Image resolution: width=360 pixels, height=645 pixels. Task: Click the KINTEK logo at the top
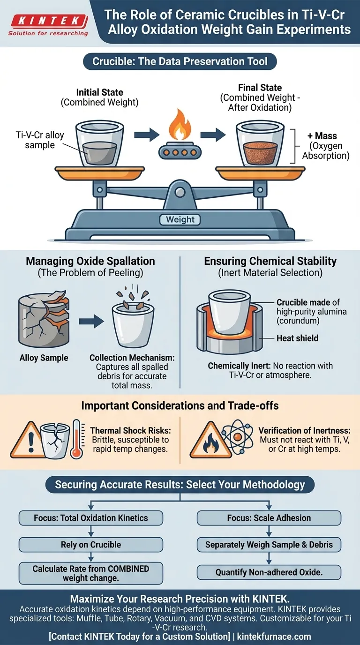pyautogui.click(x=48, y=25)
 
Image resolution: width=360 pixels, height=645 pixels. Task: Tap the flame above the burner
pyautogui.click(x=180, y=125)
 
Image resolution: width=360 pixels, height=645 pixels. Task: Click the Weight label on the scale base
pyautogui.click(x=180, y=219)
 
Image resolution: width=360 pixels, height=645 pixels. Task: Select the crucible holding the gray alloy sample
pyautogui.click(x=100, y=143)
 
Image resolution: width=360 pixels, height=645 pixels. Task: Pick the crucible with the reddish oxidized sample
pyautogui.click(x=260, y=143)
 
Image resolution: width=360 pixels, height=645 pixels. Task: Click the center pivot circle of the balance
pyautogui.click(x=180, y=192)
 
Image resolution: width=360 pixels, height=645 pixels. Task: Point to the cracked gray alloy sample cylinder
pyautogui.click(x=44, y=319)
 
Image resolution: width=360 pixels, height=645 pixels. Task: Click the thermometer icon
pyautogui.click(x=77, y=439)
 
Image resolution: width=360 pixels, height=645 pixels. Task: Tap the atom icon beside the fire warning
pyautogui.click(x=238, y=436)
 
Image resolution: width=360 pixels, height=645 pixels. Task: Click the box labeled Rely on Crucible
pyautogui.click(x=91, y=545)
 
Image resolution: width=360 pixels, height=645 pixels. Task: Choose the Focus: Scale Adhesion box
pyautogui.click(x=269, y=517)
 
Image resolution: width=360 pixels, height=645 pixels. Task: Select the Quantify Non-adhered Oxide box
pyautogui.click(x=269, y=572)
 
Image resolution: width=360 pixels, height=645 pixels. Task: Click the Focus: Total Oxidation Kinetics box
pyautogui.click(x=91, y=517)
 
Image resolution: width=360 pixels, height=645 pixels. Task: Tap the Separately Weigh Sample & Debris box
pyautogui.click(x=269, y=545)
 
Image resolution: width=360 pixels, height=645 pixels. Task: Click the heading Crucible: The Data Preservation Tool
pyautogui.click(x=180, y=61)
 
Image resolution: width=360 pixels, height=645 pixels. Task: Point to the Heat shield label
pyautogui.click(x=298, y=338)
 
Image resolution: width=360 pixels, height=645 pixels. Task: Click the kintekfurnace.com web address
pyautogui.click(x=274, y=636)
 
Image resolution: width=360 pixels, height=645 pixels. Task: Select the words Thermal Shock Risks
pyautogui.click(x=130, y=430)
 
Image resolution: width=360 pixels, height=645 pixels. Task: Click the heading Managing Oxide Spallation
pyautogui.click(x=90, y=261)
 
